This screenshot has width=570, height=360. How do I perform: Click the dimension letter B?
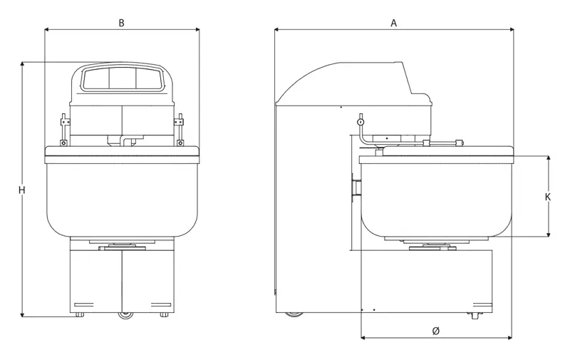[x=121, y=23]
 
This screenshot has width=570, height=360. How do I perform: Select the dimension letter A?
[x=394, y=24]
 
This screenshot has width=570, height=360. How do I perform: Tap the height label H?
[x=22, y=190]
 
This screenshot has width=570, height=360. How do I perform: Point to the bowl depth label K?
[x=548, y=197]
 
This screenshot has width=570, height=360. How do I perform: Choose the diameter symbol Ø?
[x=436, y=331]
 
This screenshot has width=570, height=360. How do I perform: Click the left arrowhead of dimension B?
[x=46, y=29]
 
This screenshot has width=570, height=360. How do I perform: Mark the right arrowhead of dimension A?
[x=512, y=29]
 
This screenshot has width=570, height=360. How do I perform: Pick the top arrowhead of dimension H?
[x=22, y=64]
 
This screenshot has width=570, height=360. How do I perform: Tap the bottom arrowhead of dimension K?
[x=548, y=234]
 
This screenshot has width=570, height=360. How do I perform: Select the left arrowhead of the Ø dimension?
[x=363, y=338]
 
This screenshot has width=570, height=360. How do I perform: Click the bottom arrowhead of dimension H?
[x=22, y=314]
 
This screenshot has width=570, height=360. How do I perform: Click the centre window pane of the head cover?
[x=123, y=78]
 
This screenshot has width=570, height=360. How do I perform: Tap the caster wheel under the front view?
[x=126, y=315]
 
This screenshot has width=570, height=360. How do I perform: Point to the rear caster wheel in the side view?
[x=294, y=314]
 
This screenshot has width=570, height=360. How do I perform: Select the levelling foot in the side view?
[x=475, y=315]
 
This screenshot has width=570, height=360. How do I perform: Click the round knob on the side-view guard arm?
[x=361, y=121]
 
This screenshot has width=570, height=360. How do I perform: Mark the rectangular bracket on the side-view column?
[x=356, y=187]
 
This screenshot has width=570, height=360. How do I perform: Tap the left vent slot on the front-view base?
[x=83, y=304]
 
